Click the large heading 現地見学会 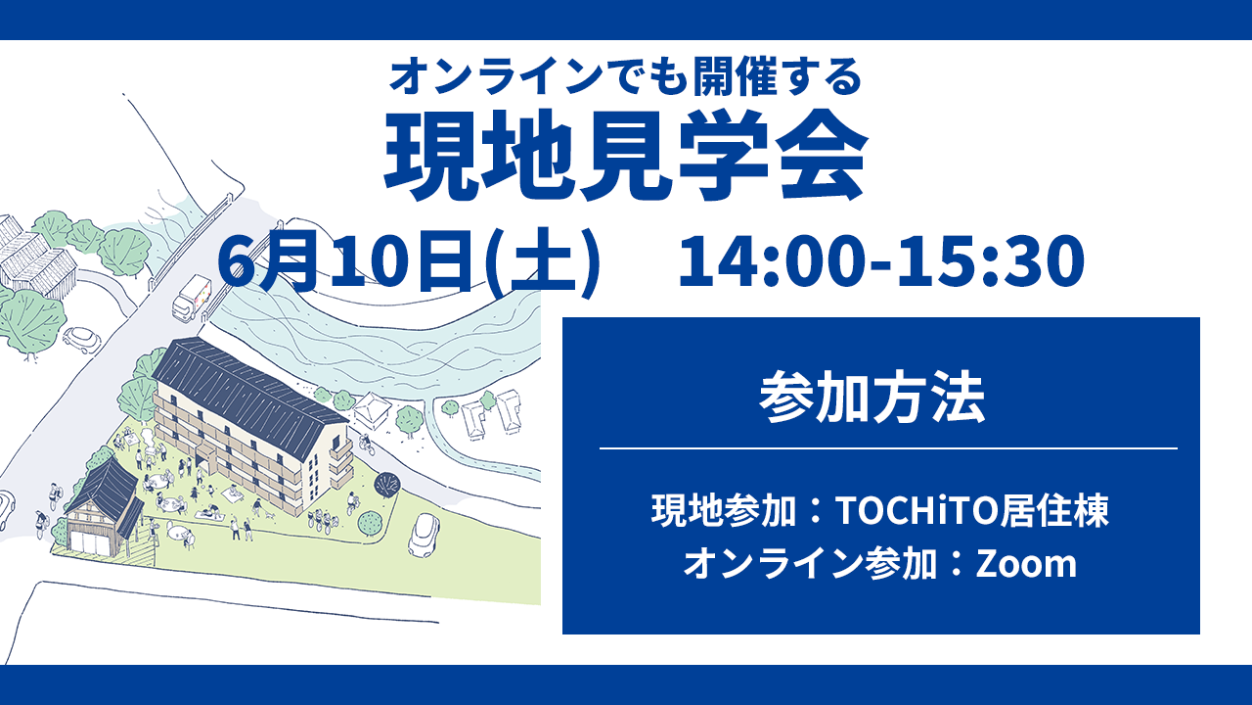click(x=625, y=156)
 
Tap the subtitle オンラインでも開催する click(x=625, y=76)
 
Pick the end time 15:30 click(x=991, y=261)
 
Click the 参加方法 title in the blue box click(x=872, y=399)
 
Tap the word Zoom click(x=1026, y=563)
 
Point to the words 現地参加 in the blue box click(x=725, y=511)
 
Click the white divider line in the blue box click(x=889, y=448)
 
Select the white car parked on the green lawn click(x=425, y=535)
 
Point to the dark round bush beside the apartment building click(x=386, y=484)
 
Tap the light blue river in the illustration click(x=380, y=347)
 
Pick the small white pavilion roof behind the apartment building click(x=371, y=408)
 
